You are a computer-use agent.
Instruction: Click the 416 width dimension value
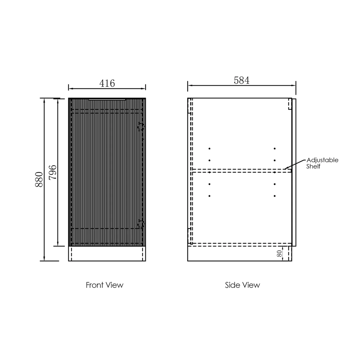pos(107,83)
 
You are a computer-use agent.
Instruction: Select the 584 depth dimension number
pos(242,80)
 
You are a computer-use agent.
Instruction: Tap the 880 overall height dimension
pos(39,179)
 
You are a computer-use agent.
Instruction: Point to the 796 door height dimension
pos(53,172)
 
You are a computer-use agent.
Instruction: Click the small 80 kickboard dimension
pos(279,254)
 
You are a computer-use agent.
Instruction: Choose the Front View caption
pos(104,285)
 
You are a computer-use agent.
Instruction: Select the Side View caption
pos(242,285)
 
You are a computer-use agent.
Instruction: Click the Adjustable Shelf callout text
pos(322,163)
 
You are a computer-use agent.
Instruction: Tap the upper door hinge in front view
pos(141,126)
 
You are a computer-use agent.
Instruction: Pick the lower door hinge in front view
pos(141,224)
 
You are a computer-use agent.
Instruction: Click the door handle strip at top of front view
pos(107,99)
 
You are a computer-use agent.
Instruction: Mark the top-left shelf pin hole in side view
pos(209,148)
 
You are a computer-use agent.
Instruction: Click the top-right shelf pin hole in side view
pos(275,148)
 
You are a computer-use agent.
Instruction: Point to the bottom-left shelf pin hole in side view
pos(209,196)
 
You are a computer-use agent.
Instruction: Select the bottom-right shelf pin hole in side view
pos(275,196)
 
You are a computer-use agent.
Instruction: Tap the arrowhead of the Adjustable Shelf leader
pos(285,168)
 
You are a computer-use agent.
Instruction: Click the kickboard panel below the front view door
pos(107,254)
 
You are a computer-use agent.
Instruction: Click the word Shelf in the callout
pos(313,166)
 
